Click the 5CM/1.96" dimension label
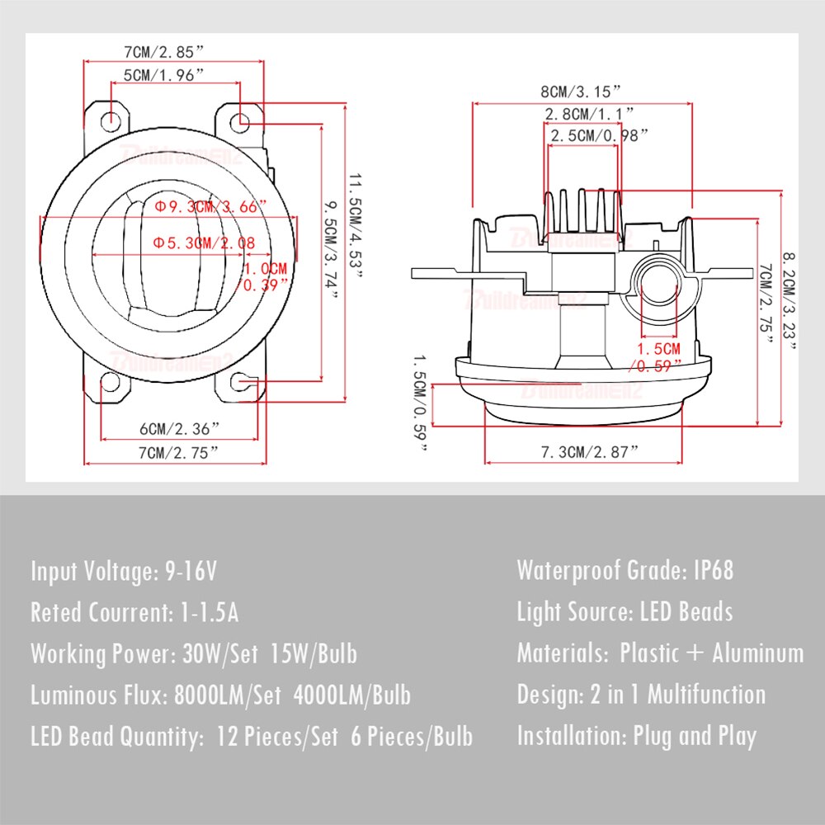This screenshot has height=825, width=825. click(164, 75)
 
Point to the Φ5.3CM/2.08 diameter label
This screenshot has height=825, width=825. click(204, 243)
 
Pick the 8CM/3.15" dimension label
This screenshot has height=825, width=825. click(580, 90)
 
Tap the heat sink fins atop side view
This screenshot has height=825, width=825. click(581, 209)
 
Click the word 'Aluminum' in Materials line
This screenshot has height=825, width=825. click(757, 653)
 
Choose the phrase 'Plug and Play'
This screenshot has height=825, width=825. click(695, 736)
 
